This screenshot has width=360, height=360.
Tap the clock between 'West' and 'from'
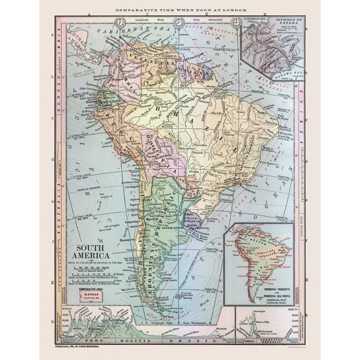click(179, 22)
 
